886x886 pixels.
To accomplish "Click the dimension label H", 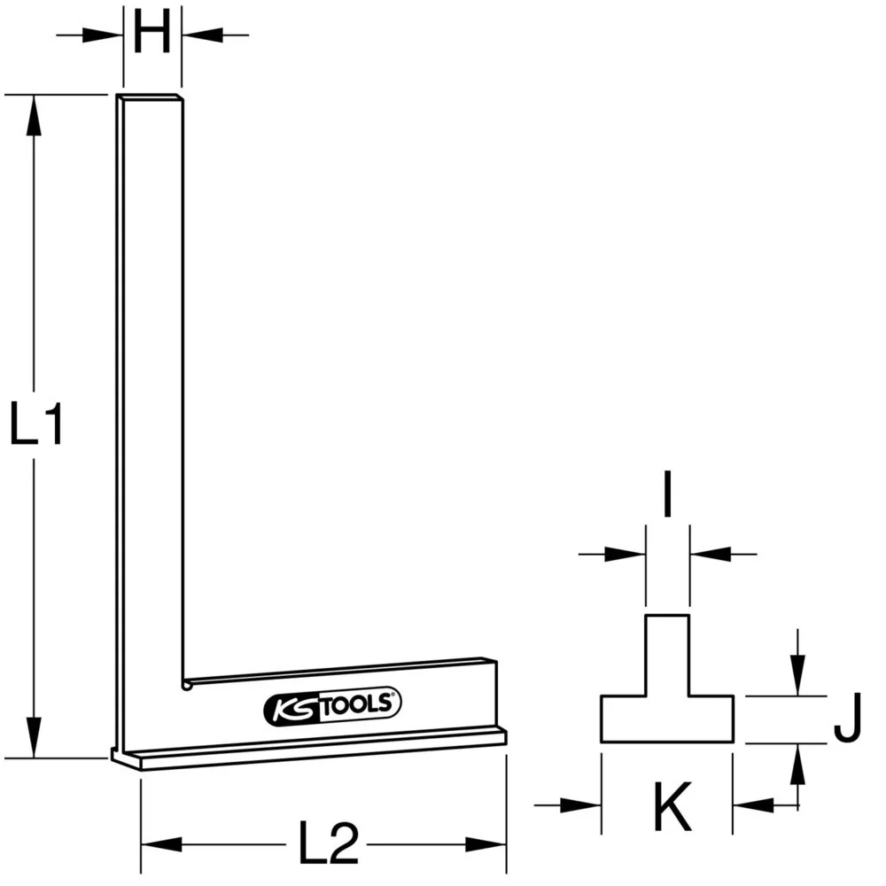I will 152,36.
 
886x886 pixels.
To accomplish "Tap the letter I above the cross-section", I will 667,499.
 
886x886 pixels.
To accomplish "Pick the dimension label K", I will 672,805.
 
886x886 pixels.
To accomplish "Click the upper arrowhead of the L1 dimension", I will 33,115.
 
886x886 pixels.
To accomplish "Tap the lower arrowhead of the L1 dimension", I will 33,737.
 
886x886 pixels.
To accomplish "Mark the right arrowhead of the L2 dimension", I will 487,843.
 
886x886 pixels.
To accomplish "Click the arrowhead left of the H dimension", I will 104,35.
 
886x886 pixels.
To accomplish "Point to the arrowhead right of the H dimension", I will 200,35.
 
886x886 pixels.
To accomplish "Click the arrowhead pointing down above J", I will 798,679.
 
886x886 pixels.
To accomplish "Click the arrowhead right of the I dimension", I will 708,555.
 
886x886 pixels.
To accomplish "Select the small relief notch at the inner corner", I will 187,684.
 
